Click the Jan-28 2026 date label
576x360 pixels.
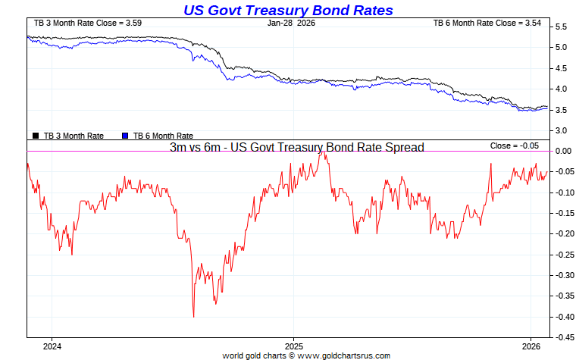[291, 23]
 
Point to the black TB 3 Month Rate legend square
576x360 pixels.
[36, 136]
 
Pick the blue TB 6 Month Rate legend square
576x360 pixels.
[125, 136]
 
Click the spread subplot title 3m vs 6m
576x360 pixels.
[296, 147]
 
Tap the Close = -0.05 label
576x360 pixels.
[515, 146]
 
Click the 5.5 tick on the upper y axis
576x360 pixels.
[561, 27]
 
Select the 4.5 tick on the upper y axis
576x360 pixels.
[561, 68]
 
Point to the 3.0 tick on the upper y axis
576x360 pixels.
[561, 130]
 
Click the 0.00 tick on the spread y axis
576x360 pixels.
[562, 152]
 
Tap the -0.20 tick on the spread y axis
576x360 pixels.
[562, 234]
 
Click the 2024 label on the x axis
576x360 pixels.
[52, 346]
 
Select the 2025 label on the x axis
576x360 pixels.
[294, 346]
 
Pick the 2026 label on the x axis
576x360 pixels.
[531, 346]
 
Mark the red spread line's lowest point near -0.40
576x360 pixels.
[193, 316]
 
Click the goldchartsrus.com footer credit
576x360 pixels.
[306, 355]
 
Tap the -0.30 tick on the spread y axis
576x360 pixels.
[562, 275]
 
